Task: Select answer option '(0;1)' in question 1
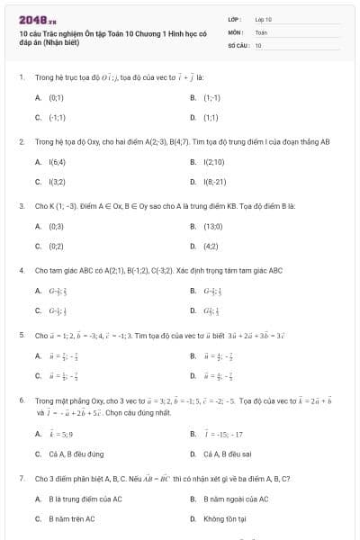click(56, 96)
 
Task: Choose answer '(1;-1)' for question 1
click(212, 96)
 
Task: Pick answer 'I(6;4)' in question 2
click(57, 162)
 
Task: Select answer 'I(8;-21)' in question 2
click(215, 182)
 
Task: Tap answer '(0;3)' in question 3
click(56, 226)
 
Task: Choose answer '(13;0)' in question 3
click(214, 226)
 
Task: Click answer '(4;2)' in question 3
click(211, 246)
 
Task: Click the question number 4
click(21, 270)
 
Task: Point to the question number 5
click(21, 335)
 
